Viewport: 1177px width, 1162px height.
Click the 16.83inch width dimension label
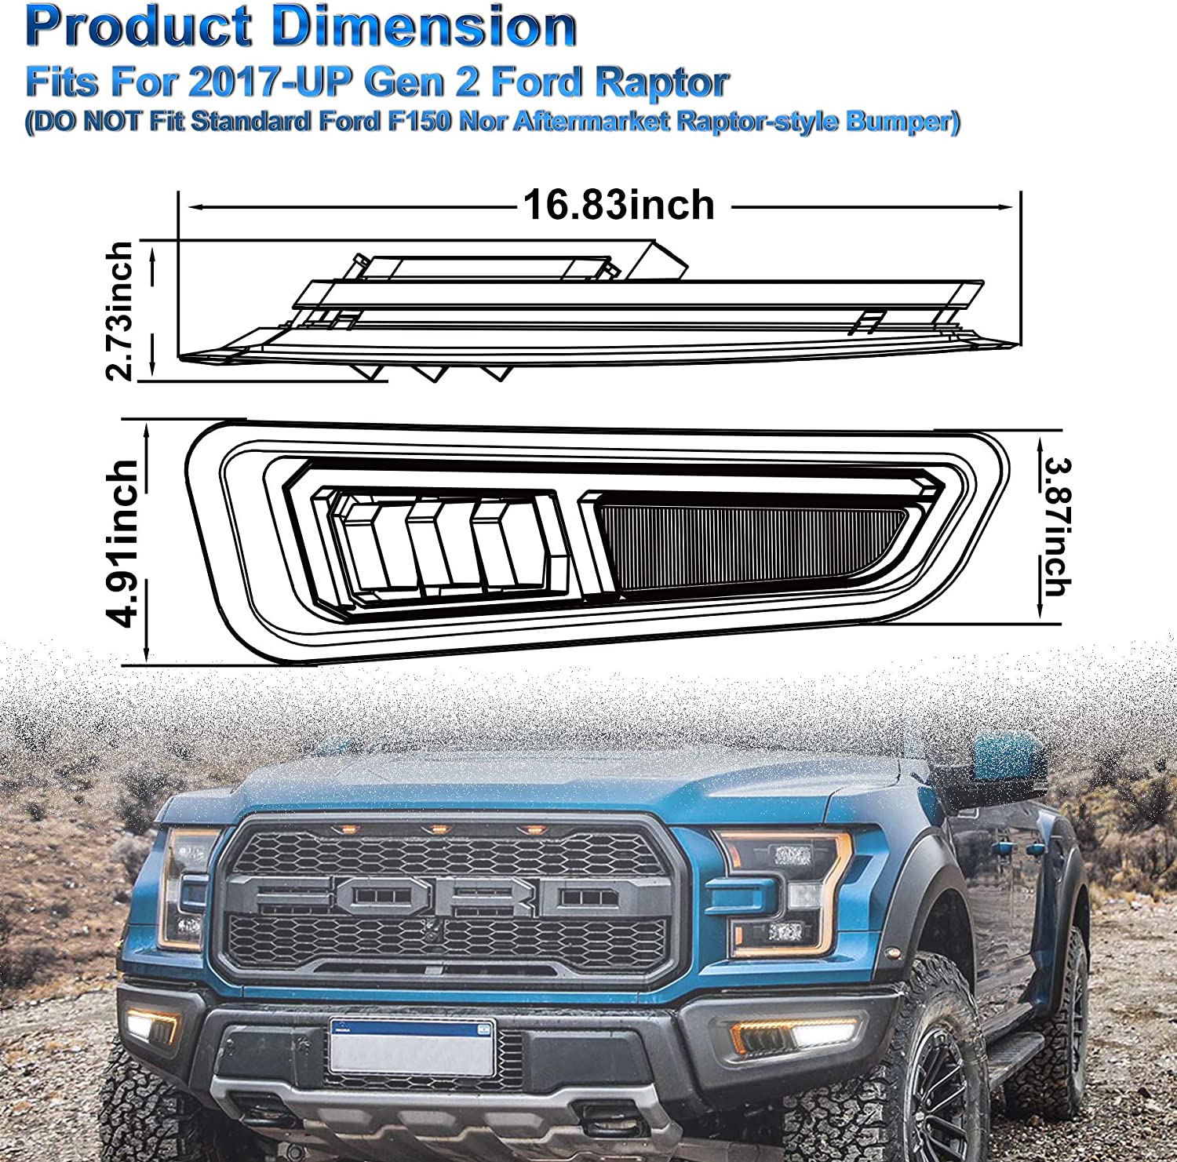point(619,206)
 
